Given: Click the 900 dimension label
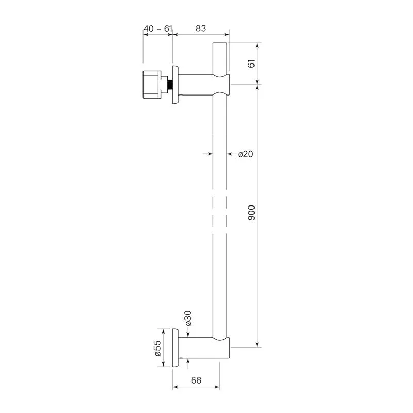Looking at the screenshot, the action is [251, 213].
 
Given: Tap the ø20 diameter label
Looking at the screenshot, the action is [246, 154].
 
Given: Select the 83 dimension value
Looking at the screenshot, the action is [201, 28].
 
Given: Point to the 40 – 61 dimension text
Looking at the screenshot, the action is [158, 29].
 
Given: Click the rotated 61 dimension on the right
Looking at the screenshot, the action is [251, 63].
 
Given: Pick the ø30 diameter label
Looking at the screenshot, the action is [188, 318].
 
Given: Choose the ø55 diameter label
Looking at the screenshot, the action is [157, 348].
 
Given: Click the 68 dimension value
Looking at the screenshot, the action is [196, 380].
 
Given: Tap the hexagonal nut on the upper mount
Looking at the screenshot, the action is [152, 85].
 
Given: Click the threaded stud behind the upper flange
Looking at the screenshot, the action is [170, 85].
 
